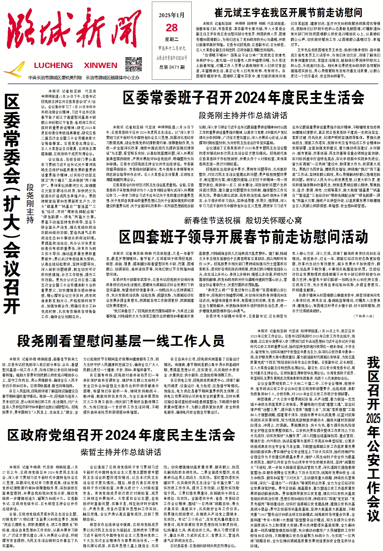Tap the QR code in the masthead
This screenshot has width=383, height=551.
[x=133, y=64]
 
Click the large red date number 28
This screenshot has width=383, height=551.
[x=172, y=28]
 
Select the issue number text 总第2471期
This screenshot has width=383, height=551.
[x=172, y=67]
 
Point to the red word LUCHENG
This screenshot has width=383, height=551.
[x=53, y=65]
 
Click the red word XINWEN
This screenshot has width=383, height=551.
[x=100, y=65]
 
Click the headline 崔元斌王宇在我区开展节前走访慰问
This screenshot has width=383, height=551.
[x=288, y=13]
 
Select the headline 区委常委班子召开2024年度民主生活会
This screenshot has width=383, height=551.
[x=243, y=98]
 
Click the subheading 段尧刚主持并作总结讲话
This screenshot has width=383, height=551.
[x=243, y=115]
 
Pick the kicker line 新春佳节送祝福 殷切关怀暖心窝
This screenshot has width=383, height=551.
[x=243, y=221]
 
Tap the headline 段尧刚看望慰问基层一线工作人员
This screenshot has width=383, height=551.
[x=121, y=341]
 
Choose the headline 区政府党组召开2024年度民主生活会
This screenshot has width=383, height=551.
[x=121, y=435]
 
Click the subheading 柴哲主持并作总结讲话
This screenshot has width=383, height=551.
[x=121, y=452]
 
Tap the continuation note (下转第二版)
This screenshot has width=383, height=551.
[x=364, y=316]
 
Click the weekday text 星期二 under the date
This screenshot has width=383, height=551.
[x=172, y=39]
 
